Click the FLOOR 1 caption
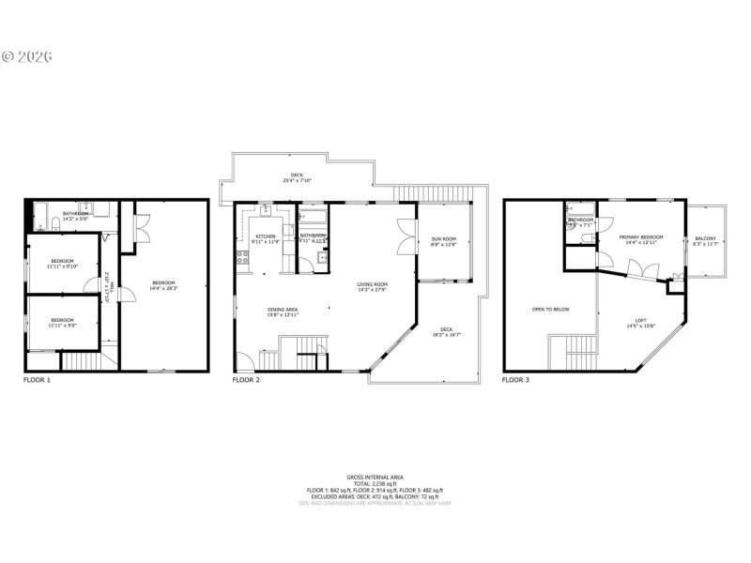(x=37, y=380)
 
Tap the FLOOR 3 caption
(x=515, y=380)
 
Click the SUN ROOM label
(x=443, y=239)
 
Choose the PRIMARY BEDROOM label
(x=641, y=237)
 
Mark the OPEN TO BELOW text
(x=550, y=309)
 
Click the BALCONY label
(x=705, y=239)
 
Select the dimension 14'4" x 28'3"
(x=164, y=289)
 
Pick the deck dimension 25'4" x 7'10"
(x=297, y=180)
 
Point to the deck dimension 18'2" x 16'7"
(x=447, y=335)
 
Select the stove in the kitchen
(x=242, y=253)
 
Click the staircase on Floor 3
(x=582, y=351)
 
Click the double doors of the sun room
(x=406, y=237)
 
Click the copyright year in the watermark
(x=35, y=56)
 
